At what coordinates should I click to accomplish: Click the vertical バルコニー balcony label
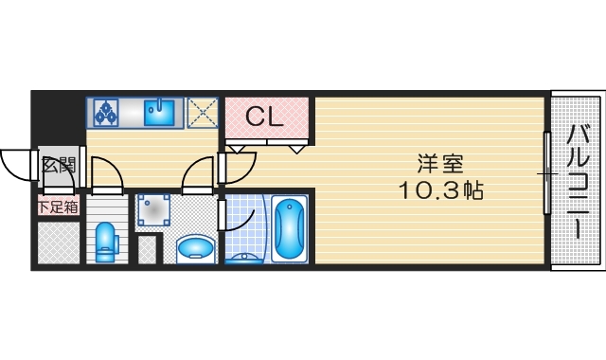point(577,180)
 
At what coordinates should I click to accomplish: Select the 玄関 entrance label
point(59,165)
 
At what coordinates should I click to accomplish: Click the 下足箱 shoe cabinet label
point(58,206)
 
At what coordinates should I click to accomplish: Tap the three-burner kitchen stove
point(105,113)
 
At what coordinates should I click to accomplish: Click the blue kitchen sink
point(160,114)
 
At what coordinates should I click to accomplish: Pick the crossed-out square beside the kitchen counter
point(202,113)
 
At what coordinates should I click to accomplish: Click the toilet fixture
point(105,242)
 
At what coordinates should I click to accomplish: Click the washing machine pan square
point(151,212)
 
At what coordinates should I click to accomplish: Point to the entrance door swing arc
point(18,166)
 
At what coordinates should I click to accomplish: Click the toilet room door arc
point(106,174)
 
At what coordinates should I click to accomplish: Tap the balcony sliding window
point(546,175)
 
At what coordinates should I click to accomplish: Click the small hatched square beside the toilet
point(147,251)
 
